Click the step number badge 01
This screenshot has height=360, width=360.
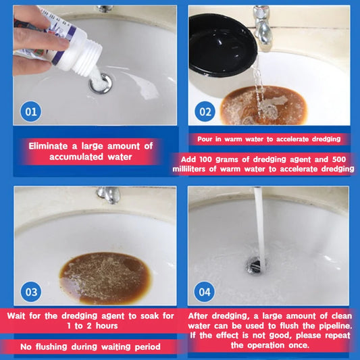click(30, 111)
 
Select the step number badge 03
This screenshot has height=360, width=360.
click(30, 292)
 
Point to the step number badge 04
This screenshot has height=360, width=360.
click(203, 292)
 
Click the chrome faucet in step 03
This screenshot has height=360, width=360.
click(108, 195)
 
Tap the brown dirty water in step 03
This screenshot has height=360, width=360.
click(104, 277)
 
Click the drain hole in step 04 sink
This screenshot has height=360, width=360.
click(257, 265)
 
